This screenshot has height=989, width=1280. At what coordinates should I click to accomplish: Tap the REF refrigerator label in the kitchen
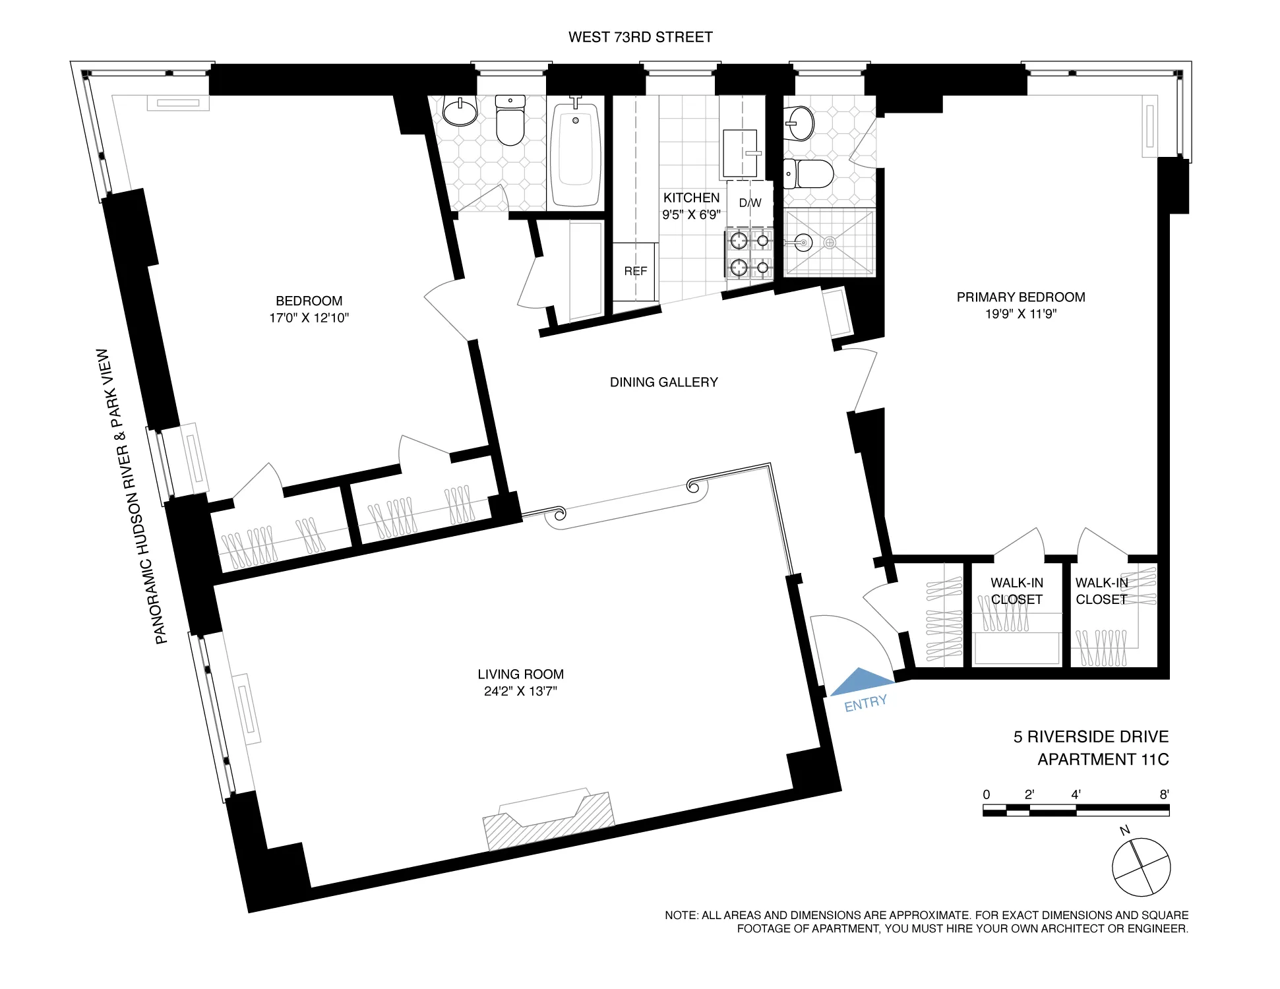635,271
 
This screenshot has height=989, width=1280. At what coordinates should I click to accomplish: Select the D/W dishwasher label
750,202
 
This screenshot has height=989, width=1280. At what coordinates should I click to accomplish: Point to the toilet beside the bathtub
510,121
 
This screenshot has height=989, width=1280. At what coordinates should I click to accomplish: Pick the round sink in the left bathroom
460,111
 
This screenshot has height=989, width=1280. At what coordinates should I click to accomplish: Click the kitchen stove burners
750,254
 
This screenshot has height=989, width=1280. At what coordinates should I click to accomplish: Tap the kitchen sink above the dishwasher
741,153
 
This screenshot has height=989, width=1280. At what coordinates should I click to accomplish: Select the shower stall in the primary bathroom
830,243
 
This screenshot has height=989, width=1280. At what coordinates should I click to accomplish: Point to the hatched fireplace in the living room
549,821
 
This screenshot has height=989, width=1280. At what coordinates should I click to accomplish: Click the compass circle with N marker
1141,866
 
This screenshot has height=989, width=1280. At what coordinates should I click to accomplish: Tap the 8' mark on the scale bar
1164,794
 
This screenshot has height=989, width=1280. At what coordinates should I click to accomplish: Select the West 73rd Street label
640,37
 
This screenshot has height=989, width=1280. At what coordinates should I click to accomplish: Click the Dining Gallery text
663,382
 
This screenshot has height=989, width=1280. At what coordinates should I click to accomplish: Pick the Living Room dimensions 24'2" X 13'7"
520,691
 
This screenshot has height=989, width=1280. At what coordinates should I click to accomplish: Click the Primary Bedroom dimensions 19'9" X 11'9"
1020,314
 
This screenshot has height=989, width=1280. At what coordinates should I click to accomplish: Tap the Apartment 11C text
1103,760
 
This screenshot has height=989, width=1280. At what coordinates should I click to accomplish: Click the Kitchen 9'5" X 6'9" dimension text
691,214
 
